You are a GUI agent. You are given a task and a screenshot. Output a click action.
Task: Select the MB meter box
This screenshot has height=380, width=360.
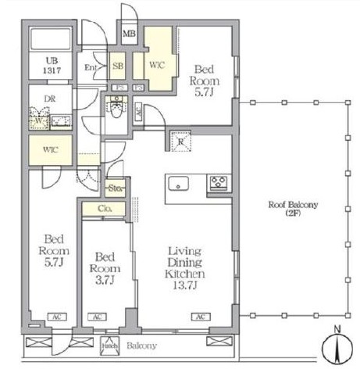(130, 34)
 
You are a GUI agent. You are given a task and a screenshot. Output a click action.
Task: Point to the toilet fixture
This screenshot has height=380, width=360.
(116, 110)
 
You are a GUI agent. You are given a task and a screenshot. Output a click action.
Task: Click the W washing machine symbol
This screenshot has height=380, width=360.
(38, 122)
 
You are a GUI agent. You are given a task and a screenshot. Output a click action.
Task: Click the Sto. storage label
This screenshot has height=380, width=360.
(116, 188)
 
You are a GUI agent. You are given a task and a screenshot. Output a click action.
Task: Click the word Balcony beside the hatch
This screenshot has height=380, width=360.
(141, 346)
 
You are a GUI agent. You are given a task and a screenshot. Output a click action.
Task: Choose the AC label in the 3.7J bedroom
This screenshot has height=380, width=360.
(97, 317)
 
